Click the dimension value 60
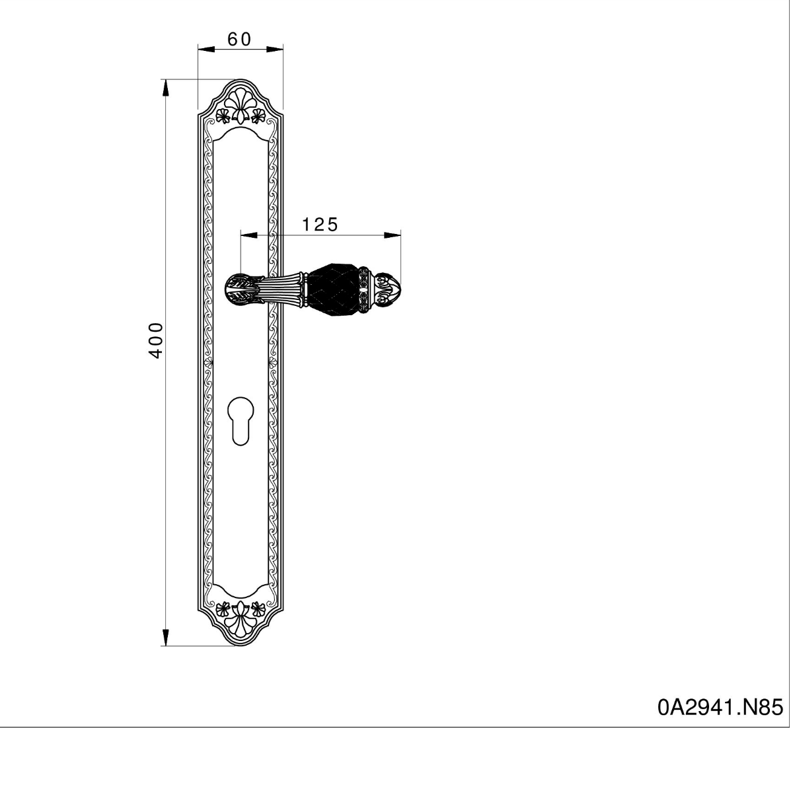(239, 40)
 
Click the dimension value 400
(156, 341)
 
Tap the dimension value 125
(320, 225)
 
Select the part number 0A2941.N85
(720, 707)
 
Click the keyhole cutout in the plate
(241, 421)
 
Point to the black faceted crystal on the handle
(334, 289)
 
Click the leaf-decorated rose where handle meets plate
(245, 289)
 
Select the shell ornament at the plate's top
(241, 106)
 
